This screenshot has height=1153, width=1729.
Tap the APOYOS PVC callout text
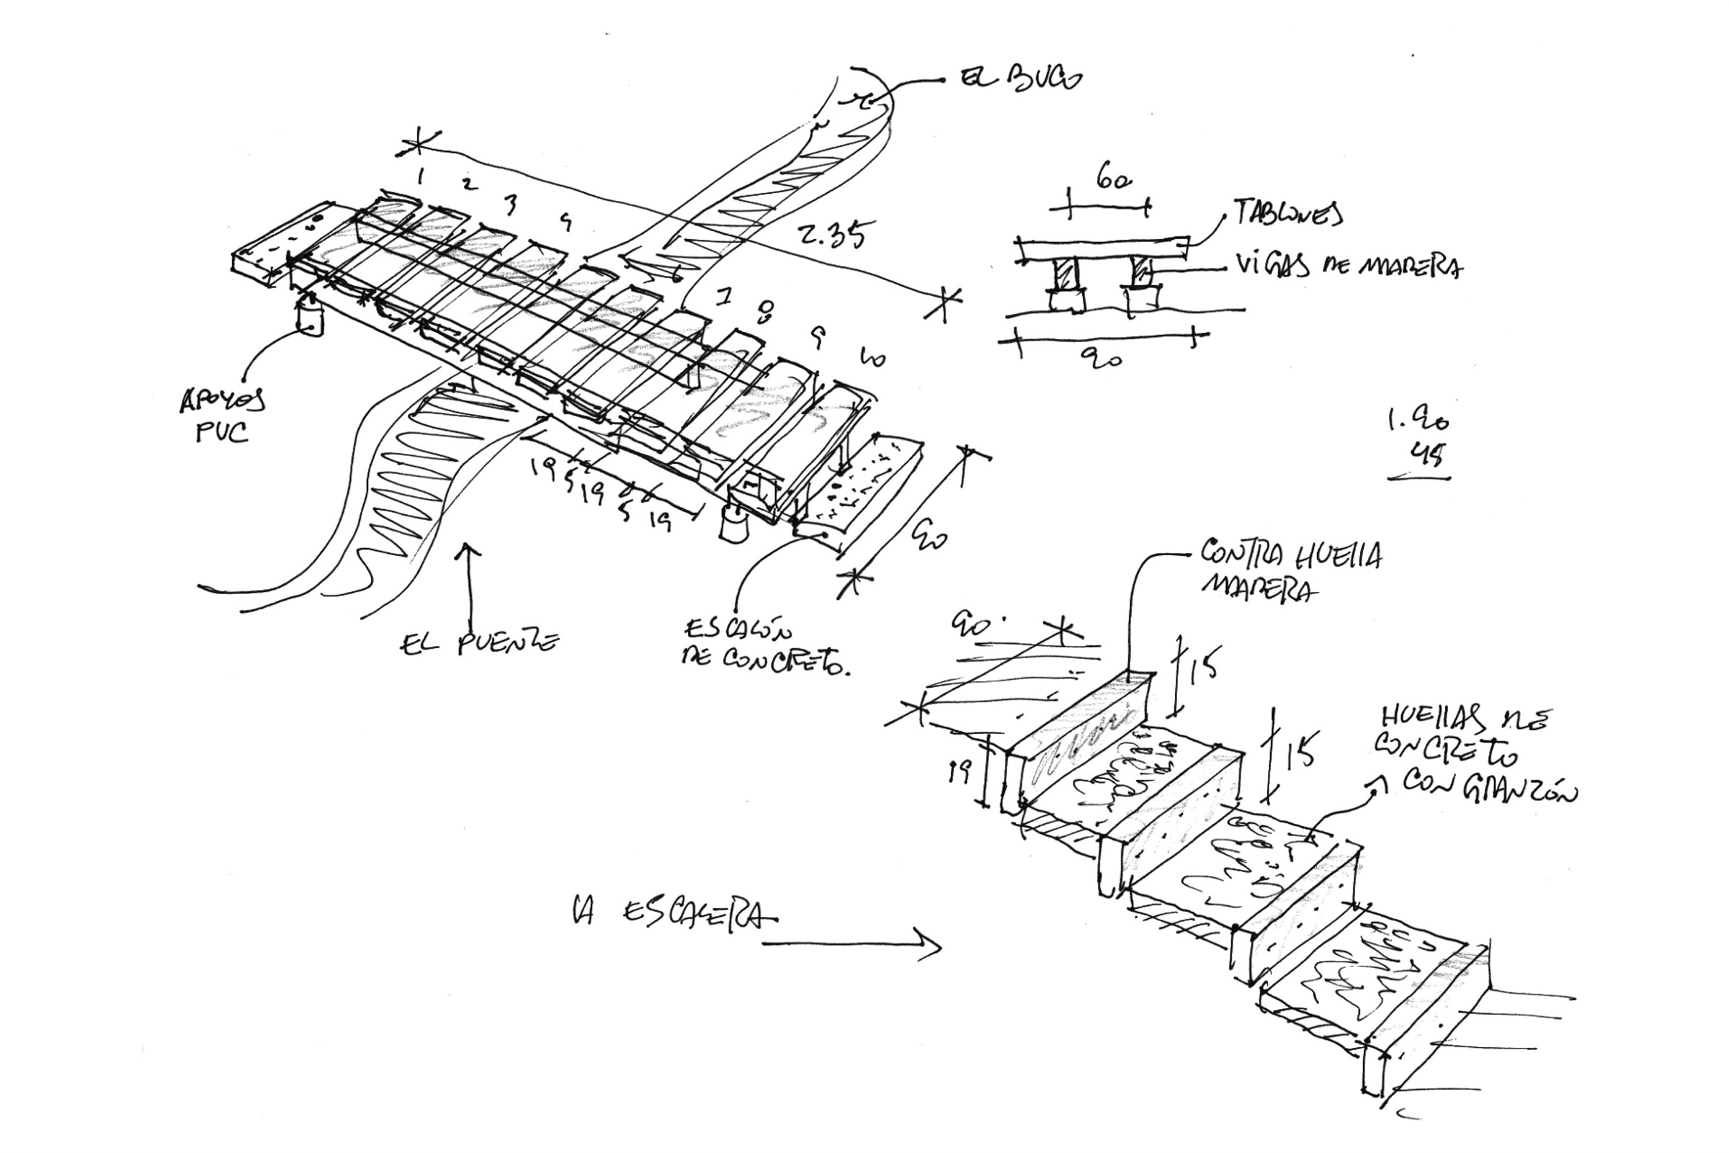coord(223,416)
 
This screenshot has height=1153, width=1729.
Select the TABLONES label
coord(1287,212)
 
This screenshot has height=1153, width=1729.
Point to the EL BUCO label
coord(1021,78)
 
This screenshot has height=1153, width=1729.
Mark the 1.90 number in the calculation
coord(1418,421)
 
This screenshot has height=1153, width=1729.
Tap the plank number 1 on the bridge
coord(420,176)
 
